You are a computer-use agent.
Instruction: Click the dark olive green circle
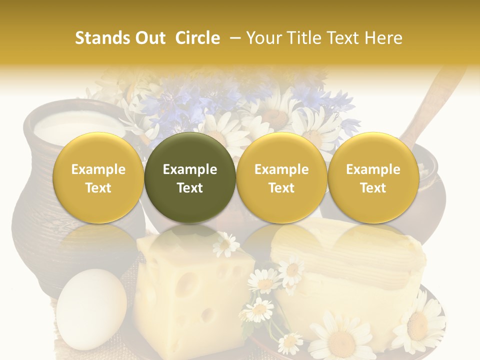tap(190, 177)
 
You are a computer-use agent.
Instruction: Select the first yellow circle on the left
tap(98, 177)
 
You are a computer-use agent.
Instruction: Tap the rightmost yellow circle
tap(373, 177)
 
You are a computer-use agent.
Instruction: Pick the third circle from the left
tap(281, 177)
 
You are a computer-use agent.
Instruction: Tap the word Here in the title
tap(384, 38)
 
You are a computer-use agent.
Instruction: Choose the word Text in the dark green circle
tap(190, 188)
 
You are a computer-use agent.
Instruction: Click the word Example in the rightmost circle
tap(373, 169)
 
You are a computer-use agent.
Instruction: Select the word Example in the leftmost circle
tap(98, 169)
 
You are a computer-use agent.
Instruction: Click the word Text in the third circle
tap(281, 188)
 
